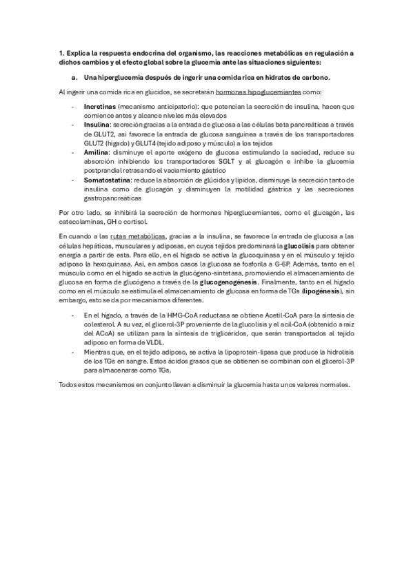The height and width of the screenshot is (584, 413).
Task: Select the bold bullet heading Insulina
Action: coord(97,125)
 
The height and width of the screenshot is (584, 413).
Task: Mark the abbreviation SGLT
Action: coord(227,160)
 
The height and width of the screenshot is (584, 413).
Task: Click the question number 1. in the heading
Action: coord(62,52)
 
